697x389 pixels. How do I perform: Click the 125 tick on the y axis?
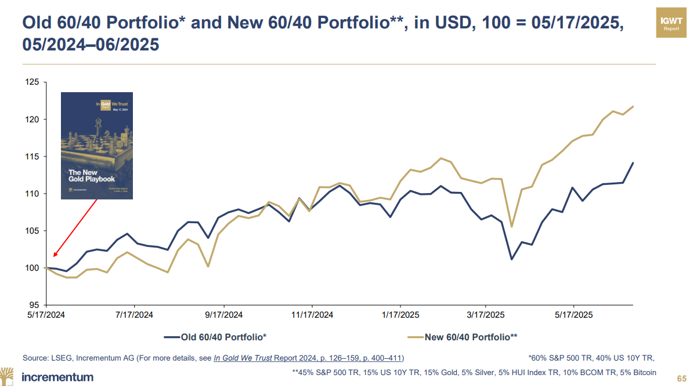[x=32, y=82]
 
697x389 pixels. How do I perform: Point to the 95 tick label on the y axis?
[x=34, y=305]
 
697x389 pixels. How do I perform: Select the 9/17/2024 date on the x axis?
[x=223, y=315]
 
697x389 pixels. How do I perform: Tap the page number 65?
[x=682, y=377]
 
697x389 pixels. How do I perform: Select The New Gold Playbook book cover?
[x=97, y=146]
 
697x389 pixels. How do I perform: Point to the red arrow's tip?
[x=53, y=256]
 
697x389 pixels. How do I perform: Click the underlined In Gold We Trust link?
[x=243, y=358]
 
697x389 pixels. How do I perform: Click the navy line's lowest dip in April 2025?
[x=511, y=259]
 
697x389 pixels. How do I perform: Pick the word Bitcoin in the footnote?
[x=644, y=372]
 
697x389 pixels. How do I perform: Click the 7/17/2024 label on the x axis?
[x=135, y=315]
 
